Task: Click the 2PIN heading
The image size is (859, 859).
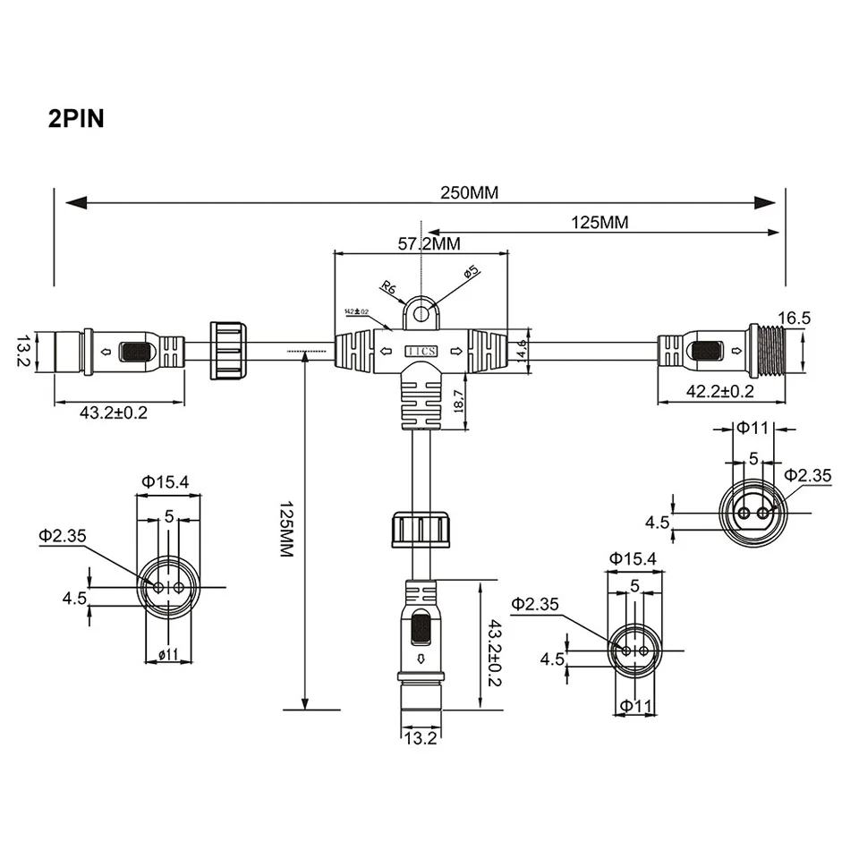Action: [76, 119]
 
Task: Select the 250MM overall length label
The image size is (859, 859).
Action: [469, 192]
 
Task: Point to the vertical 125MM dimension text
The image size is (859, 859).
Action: [285, 528]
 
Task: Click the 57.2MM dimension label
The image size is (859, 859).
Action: [429, 242]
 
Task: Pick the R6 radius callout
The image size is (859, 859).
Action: [388, 287]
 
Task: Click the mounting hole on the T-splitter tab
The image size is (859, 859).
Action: [421, 314]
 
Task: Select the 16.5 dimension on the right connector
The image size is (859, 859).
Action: [794, 318]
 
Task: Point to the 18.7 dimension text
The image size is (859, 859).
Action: [458, 400]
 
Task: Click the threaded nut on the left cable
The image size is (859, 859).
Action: [227, 348]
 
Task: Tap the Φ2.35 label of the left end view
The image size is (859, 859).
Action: [62, 536]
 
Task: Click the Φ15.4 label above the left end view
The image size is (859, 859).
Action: [165, 481]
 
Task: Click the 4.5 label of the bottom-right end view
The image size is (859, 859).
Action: [552, 659]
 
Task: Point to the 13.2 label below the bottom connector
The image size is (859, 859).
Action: [419, 738]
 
